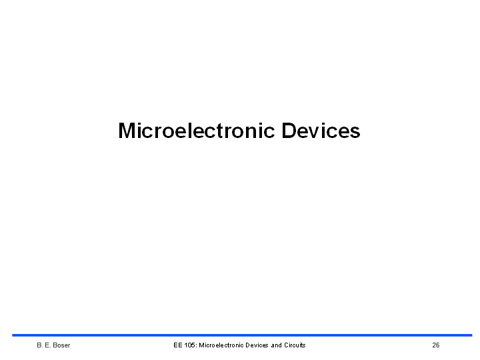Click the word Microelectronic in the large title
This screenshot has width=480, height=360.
(196, 131)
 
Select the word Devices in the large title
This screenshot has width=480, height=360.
(321, 131)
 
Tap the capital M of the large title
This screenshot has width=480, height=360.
(127, 131)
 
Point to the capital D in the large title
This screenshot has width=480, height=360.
(289, 131)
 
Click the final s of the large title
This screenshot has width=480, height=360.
(355, 133)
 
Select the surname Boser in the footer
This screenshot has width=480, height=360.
(61, 345)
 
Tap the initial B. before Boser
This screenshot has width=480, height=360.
(40, 345)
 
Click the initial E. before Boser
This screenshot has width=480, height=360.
(48, 345)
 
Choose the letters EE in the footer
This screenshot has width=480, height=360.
(178, 345)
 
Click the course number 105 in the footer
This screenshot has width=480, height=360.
(191, 345)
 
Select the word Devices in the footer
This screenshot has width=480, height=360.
(257, 345)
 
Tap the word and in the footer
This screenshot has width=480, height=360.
(277, 345)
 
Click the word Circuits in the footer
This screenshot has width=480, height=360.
(295, 345)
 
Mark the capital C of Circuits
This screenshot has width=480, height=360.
(287, 345)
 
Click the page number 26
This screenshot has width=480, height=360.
(436, 345)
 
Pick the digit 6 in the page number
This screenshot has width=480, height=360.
(438, 345)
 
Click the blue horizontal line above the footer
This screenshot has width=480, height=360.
(242, 335)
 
